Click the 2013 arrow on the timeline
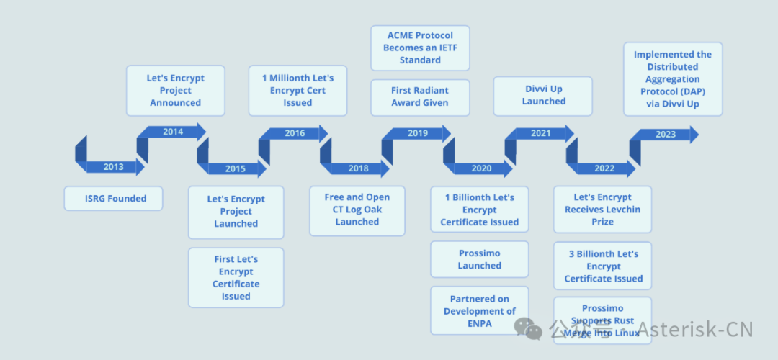click(113, 167)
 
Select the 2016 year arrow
click(295, 133)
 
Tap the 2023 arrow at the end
click(666, 135)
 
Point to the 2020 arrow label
click(481, 168)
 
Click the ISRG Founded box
click(113, 199)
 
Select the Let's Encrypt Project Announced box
click(176, 91)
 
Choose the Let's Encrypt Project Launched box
click(236, 212)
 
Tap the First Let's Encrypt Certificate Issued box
click(236, 277)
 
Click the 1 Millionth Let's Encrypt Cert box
click(298, 91)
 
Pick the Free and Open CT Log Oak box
click(357, 210)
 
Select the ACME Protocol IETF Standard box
click(420, 48)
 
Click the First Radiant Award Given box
click(420, 96)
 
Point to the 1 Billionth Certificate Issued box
click(480, 210)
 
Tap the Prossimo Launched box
click(480, 259)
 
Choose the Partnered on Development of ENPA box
click(480, 311)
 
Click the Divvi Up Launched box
click(543, 96)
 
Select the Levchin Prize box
click(603, 210)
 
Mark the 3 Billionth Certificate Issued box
click(603, 266)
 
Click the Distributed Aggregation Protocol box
click(673, 79)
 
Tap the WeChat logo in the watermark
click(529, 329)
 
